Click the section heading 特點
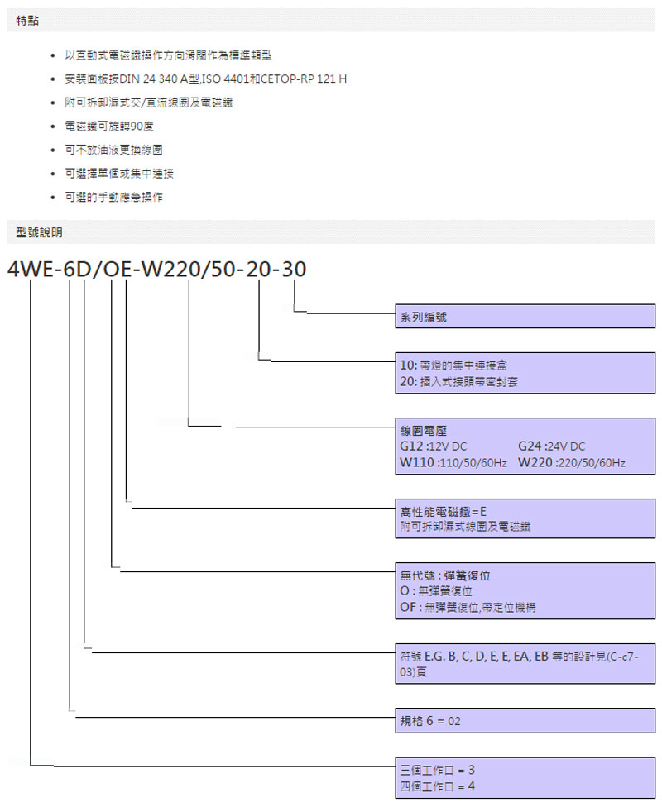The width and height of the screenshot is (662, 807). point(26,20)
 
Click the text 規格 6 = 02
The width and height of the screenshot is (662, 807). point(430,721)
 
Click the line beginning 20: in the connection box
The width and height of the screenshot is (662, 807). point(458,381)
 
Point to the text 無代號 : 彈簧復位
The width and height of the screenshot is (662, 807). point(450,575)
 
